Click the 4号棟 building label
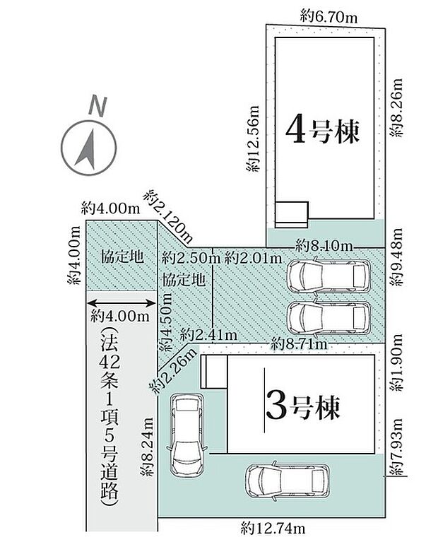pos(322,130)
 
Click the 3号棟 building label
pos(302,407)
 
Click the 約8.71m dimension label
pos(300,345)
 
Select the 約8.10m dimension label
pos(324,245)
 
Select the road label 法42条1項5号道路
pos(108,417)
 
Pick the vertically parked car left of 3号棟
pos(186,433)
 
